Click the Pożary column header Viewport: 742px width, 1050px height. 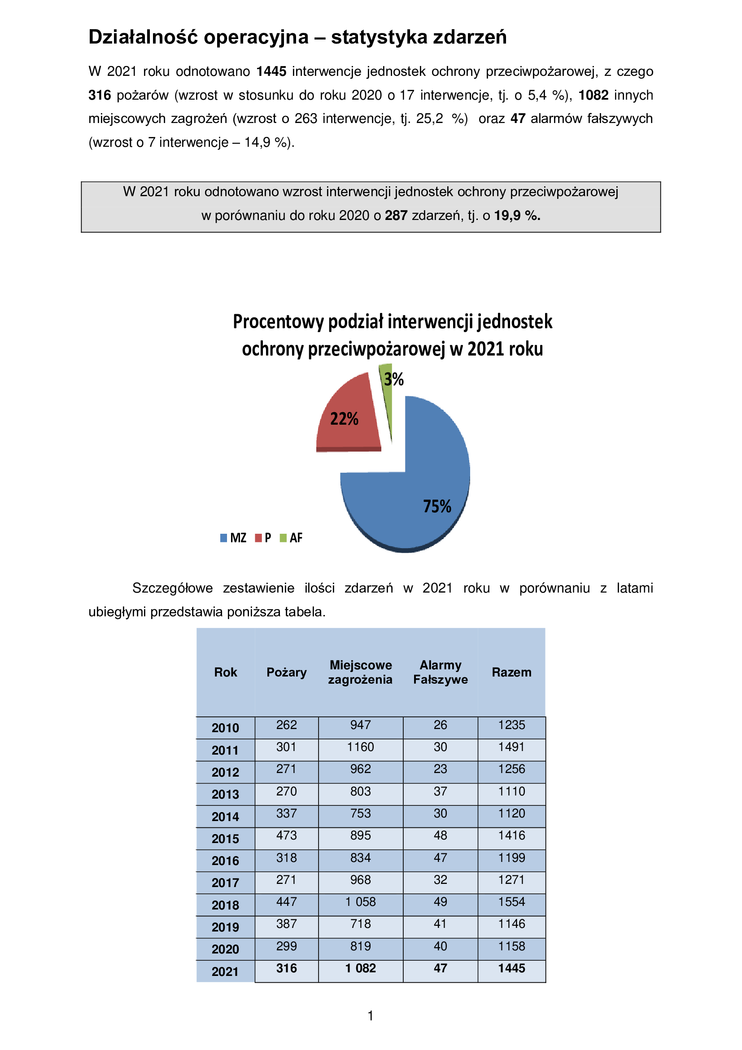click(x=287, y=672)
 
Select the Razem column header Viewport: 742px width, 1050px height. click(x=511, y=672)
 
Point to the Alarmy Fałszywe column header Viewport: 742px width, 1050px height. click(x=440, y=672)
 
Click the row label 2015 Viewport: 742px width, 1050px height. click(x=225, y=839)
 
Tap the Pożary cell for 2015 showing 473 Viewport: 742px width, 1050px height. click(x=287, y=835)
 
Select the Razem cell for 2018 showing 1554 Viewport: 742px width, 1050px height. click(x=511, y=902)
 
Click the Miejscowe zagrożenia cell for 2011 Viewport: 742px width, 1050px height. click(x=360, y=747)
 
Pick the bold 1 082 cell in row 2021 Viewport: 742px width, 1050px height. click(x=360, y=968)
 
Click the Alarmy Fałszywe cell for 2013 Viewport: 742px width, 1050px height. click(x=440, y=791)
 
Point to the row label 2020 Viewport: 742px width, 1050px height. click(x=225, y=949)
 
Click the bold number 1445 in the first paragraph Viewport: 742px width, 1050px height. click(x=271, y=71)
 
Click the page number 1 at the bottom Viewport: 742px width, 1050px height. click(x=371, y=1016)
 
